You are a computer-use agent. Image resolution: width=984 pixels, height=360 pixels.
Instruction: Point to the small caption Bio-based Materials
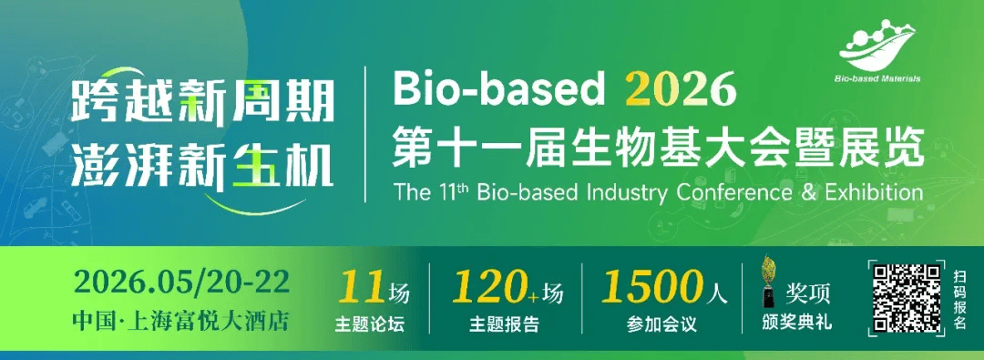tap(877, 79)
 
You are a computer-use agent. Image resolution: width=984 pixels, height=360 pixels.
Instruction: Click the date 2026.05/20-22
tap(182, 283)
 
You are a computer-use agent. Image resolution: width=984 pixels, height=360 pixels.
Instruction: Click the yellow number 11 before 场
tap(362, 290)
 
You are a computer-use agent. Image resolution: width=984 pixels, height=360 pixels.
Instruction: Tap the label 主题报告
tap(505, 324)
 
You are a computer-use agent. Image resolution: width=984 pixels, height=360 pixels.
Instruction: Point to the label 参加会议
tap(661, 324)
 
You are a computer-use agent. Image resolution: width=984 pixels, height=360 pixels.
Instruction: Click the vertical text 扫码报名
tap(959, 298)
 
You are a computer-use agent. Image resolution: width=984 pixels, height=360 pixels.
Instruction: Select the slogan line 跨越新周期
tap(202, 102)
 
